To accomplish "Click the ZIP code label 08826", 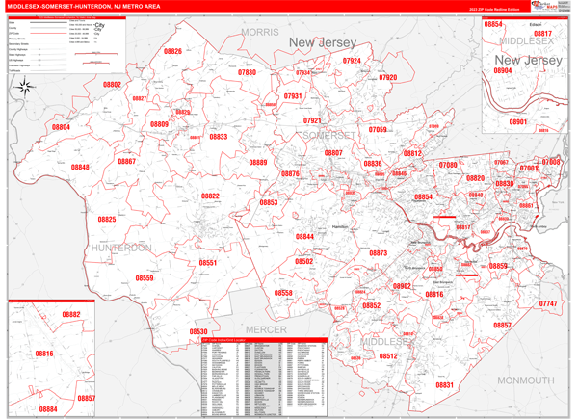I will (172, 51).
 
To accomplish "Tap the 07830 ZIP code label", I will (247, 72).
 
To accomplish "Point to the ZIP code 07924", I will (352, 61).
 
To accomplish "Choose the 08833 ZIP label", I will (218, 137).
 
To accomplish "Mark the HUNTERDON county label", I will (121, 249).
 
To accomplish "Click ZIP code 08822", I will (210, 196).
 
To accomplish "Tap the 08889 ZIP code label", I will (258, 163).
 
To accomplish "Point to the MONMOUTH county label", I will (525, 380).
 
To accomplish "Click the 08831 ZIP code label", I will (444, 385).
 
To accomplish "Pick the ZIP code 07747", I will (547, 304).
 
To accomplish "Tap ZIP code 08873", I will (378, 253).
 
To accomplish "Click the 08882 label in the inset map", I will (71, 314).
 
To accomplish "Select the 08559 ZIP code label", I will (144, 278).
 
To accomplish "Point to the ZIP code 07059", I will (378, 129).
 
